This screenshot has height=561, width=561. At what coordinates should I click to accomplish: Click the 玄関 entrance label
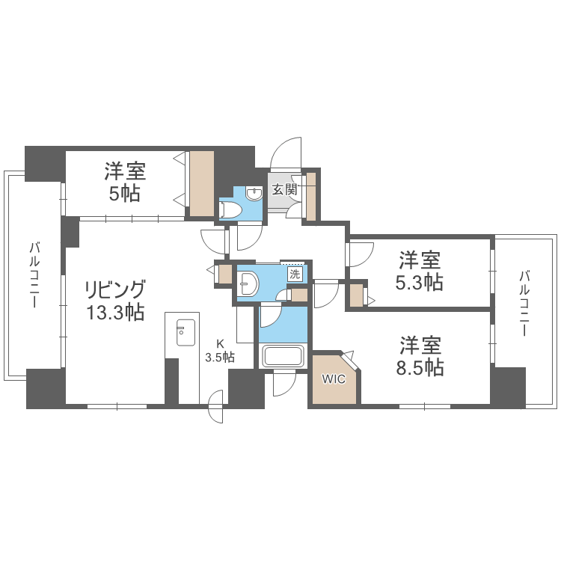pos(283,190)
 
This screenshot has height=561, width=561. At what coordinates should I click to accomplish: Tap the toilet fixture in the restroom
pos(228,209)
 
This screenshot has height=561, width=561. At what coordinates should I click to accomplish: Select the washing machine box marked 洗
pos(295,274)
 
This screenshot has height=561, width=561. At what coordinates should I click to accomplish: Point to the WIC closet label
pos(334,379)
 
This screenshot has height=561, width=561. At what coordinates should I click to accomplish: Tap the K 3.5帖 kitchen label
pos(220,351)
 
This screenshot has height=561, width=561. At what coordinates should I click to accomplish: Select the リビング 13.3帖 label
pos(114,301)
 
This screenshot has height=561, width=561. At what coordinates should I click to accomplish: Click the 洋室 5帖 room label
pos(125,181)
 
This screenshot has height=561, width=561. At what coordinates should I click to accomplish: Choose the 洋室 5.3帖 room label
pos(419,271)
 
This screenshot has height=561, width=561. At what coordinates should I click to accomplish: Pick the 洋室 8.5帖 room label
pos(420,356)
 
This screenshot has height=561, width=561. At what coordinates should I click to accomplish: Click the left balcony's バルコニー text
pos(34,275)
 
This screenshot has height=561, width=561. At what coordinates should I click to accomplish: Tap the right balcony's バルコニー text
pos(525,304)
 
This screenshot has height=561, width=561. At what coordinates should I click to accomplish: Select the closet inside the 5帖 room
pos(201,184)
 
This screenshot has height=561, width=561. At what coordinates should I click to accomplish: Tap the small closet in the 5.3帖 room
pos(356,294)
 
